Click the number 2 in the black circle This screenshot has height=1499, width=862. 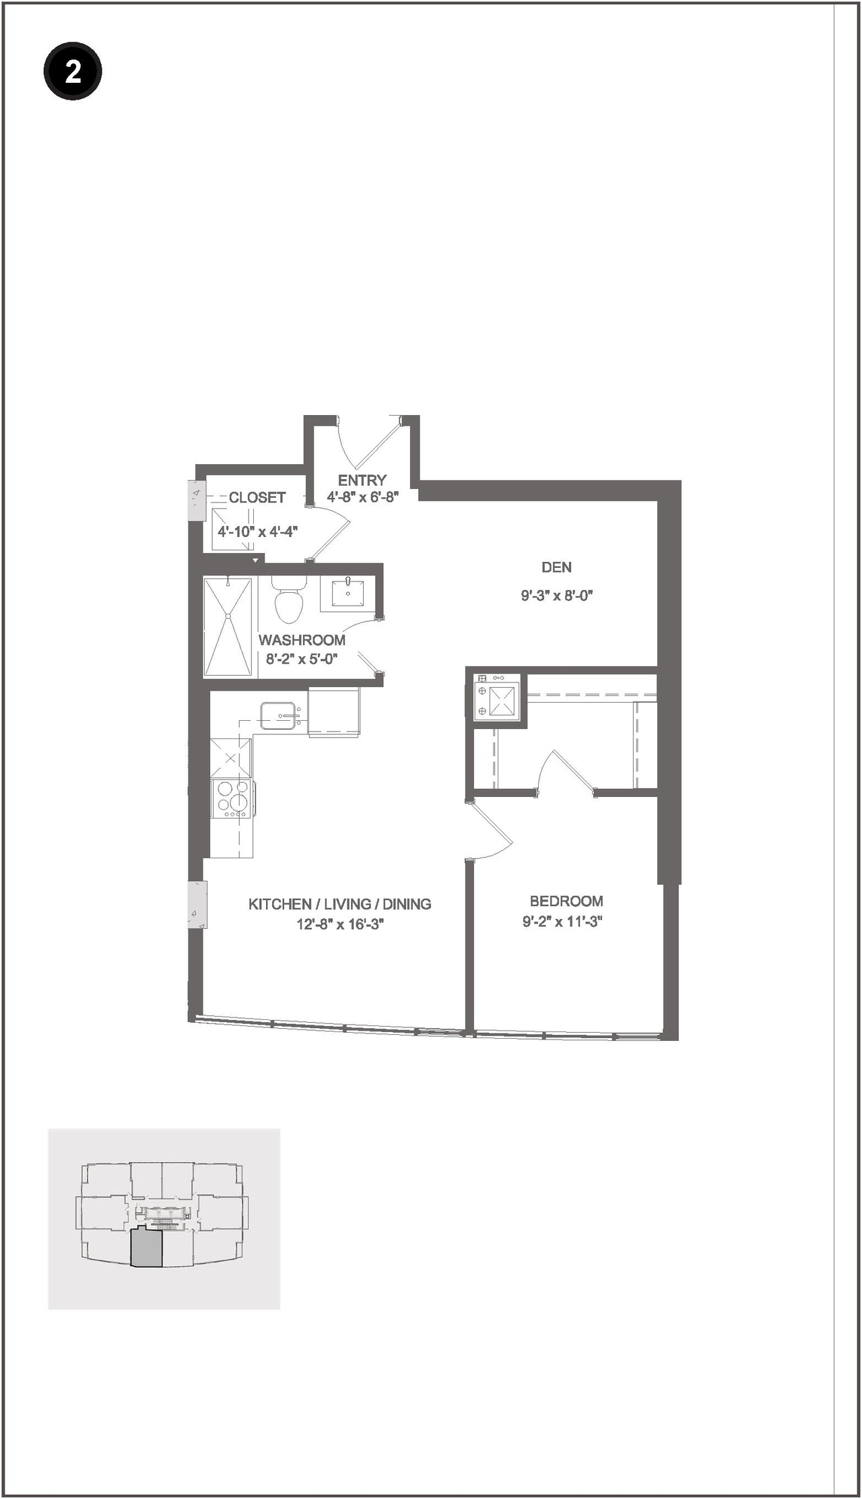73,71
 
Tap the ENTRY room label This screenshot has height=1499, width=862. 362,480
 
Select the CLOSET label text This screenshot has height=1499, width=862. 257,498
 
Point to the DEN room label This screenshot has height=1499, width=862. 557,567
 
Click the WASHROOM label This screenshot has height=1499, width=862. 302,640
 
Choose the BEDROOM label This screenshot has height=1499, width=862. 566,901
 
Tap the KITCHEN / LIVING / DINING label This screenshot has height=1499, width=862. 339,904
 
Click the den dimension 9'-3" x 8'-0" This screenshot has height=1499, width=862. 557,596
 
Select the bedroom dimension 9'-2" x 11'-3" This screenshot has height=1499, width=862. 562,922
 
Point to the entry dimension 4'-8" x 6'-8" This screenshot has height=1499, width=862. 363,498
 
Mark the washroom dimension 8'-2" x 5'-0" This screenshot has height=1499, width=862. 301,659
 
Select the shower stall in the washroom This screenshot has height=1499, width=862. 228,626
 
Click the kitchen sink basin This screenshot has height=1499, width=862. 277,715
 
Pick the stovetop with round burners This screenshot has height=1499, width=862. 232,799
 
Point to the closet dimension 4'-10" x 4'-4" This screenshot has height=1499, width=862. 258,532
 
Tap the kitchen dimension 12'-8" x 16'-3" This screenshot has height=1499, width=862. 340,924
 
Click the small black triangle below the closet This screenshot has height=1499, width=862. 255,560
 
